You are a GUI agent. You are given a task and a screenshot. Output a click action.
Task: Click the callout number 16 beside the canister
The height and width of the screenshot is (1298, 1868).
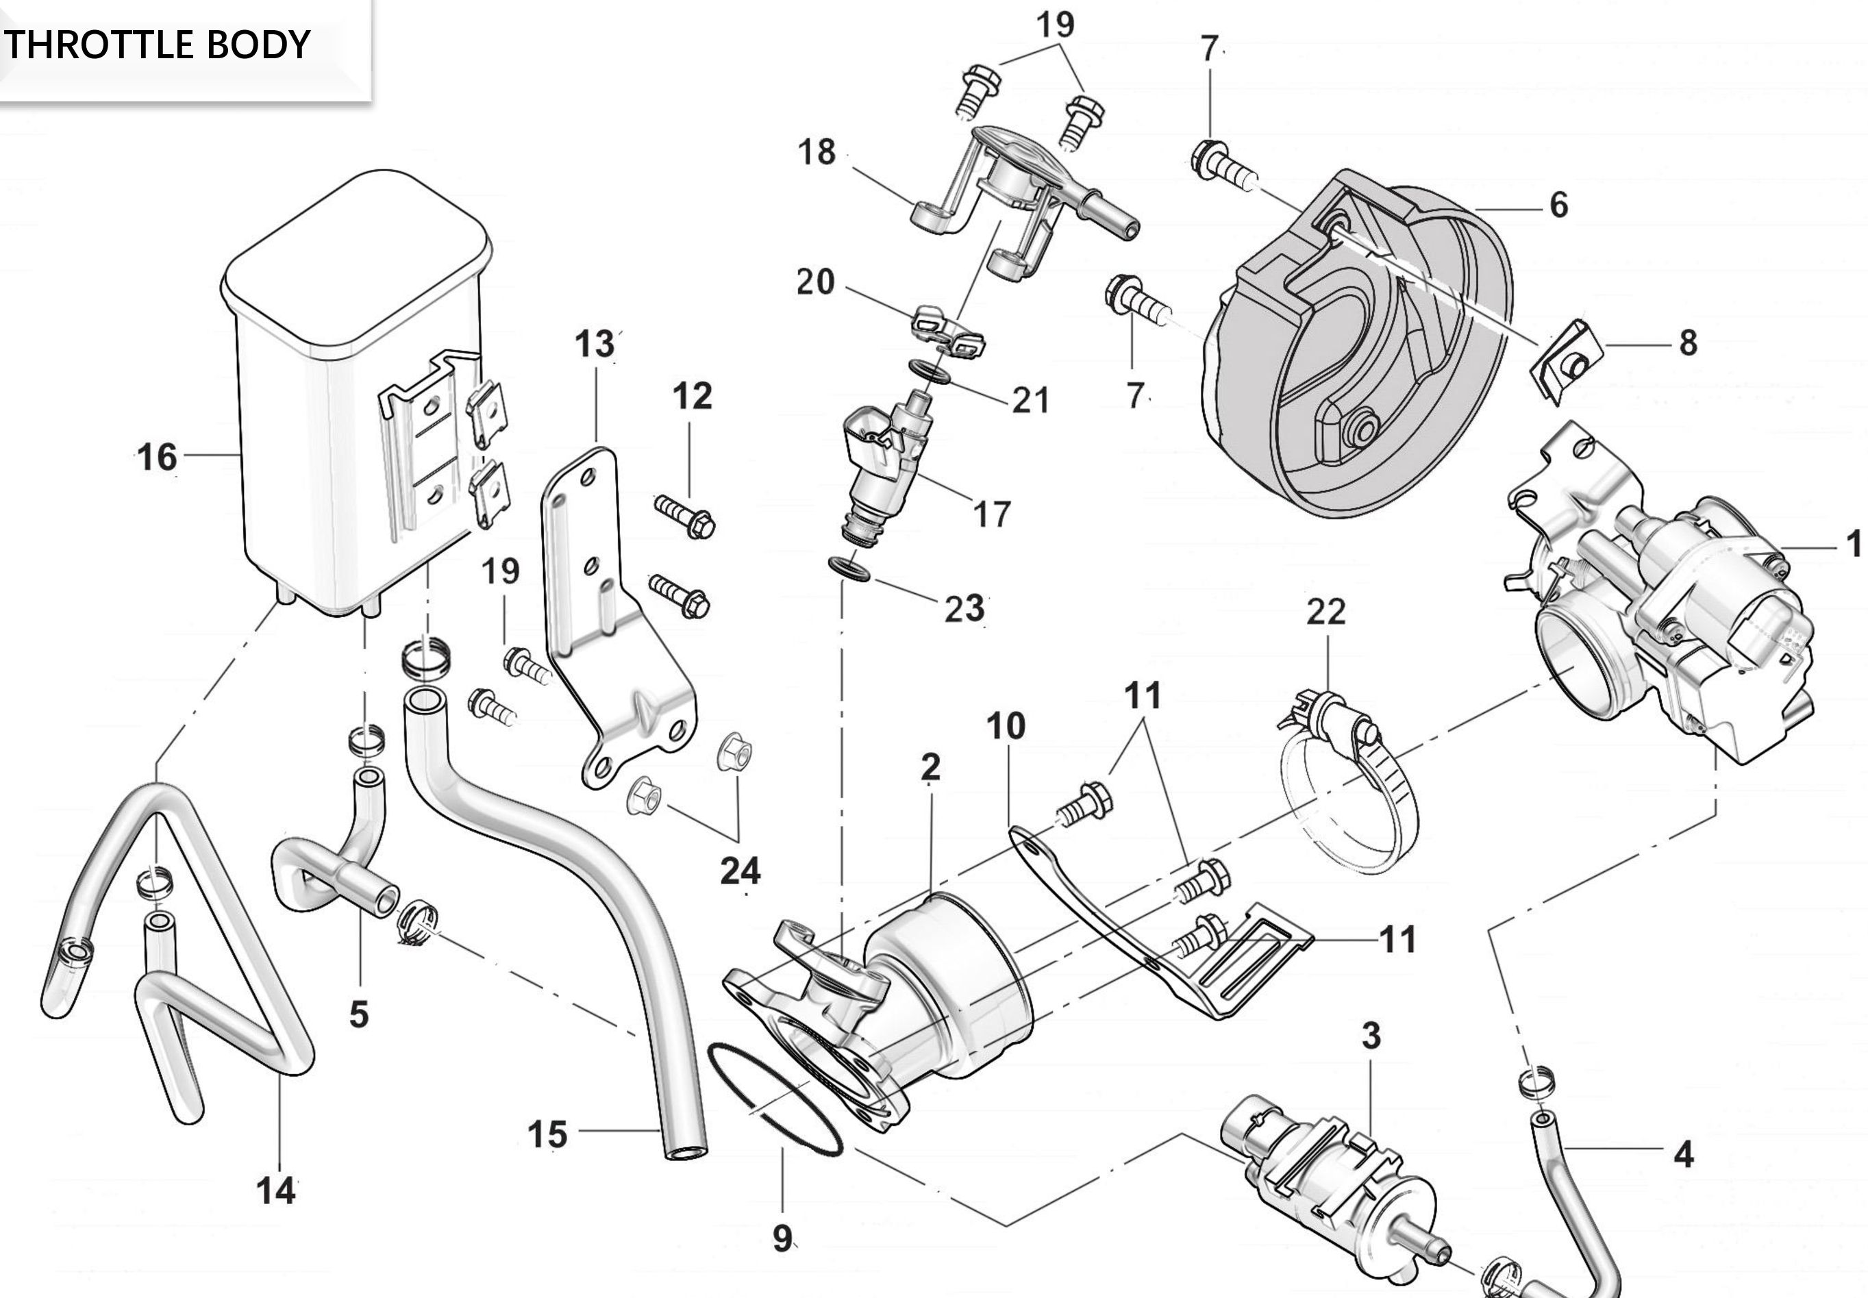(x=157, y=457)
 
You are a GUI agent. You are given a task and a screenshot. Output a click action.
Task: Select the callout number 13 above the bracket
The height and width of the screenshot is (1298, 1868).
(x=595, y=345)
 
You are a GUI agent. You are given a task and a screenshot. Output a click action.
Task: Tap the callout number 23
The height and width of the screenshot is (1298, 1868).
(x=964, y=608)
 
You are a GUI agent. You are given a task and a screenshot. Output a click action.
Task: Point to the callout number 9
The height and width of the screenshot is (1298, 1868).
(x=782, y=1238)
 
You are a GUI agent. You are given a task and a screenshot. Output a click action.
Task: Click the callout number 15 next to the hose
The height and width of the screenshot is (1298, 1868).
(x=547, y=1134)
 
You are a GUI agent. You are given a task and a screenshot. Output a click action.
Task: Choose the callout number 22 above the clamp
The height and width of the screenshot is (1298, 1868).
(x=1326, y=612)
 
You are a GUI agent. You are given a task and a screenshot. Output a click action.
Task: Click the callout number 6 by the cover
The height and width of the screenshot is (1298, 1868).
(x=1558, y=205)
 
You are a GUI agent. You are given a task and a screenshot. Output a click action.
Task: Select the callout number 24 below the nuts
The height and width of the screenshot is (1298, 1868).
(x=740, y=871)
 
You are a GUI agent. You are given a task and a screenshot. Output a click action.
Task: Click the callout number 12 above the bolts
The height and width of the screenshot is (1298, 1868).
(x=692, y=396)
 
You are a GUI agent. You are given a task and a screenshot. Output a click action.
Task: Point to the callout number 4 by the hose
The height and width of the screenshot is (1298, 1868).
(x=1684, y=1154)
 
